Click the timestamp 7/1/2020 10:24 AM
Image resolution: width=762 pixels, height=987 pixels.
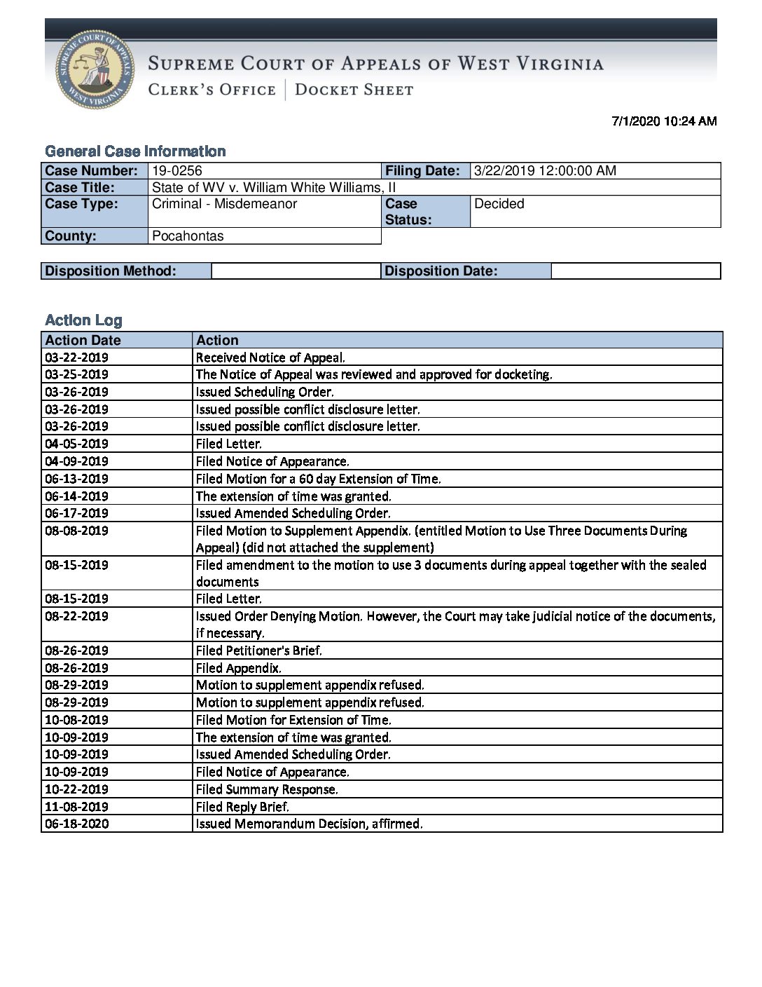664,121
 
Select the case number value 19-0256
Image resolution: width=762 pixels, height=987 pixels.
177,171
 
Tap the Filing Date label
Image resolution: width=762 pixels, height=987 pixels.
422,171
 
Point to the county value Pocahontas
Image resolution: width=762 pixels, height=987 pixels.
188,236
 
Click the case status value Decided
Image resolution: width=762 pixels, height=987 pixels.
499,204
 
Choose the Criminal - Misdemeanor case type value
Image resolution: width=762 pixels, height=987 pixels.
224,204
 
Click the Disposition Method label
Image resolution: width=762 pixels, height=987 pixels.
111,271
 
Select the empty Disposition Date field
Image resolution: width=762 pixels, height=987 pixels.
635,271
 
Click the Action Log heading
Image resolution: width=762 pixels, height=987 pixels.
83,320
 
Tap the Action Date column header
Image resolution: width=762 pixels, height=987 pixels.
83,341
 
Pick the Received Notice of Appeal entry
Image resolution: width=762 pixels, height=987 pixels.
270,358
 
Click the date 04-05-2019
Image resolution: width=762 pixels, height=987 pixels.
76,444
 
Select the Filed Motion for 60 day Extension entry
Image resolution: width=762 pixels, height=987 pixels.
318,479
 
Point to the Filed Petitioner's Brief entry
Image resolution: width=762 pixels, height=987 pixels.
258,651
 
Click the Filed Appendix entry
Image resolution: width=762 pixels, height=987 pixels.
238,668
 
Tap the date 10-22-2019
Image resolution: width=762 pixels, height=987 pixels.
76,789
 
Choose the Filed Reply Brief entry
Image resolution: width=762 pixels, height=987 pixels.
242,807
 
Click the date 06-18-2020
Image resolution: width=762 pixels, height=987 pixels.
76,824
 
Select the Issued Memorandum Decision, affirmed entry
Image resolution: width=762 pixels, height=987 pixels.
309,824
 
